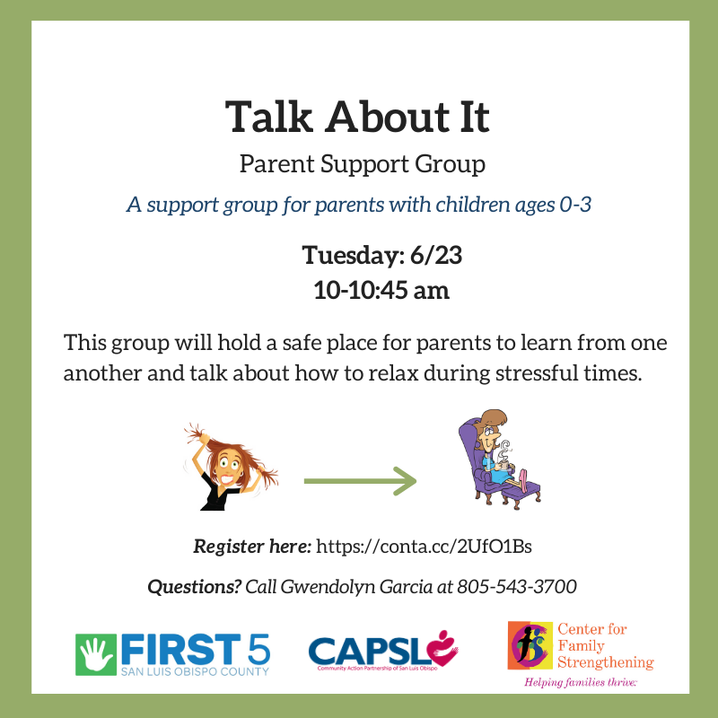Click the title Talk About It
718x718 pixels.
point(357,117)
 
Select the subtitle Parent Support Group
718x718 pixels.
point(363,164)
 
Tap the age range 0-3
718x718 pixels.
point(575,205)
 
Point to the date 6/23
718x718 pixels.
point(436,255)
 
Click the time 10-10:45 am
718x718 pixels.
point(381,290)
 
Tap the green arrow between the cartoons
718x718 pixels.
point(361,481)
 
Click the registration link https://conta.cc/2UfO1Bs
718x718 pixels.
point(424,547)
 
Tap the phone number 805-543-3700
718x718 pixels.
point(517,586)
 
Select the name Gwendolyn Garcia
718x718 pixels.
point(356,587)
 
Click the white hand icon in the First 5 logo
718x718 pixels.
point(96,654)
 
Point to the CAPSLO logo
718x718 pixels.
point(383,650)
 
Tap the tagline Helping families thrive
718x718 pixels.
point(581,682)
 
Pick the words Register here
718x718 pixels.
point(252,547)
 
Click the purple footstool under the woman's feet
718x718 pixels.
point(521,492)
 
